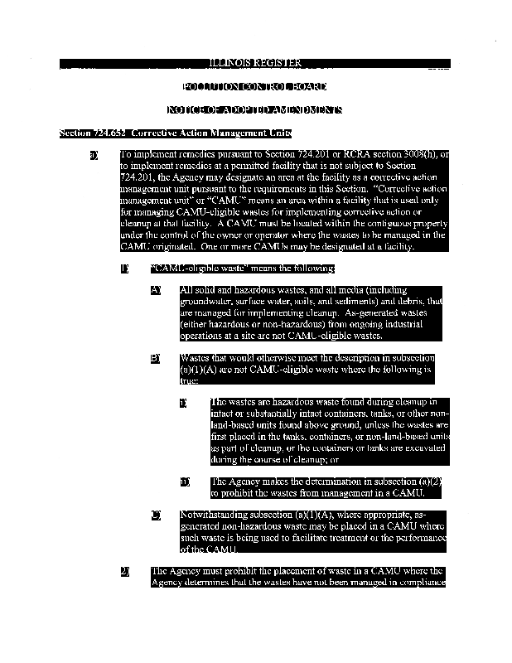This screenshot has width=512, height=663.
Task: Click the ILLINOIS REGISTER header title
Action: pos(254,63)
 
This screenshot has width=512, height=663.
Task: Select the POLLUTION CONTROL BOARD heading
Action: pos(254,86)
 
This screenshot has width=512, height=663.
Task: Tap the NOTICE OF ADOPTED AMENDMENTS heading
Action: pos(254,109)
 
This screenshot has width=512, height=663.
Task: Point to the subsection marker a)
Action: pos(94,154)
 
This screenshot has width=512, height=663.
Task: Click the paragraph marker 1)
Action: pos(125,269)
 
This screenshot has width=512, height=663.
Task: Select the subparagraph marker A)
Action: pos(155,290)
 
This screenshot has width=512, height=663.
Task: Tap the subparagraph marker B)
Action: pos(155,359)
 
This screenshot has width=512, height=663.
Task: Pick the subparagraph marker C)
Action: pos(155,515)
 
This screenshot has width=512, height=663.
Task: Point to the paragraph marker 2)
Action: pos(125,572)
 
